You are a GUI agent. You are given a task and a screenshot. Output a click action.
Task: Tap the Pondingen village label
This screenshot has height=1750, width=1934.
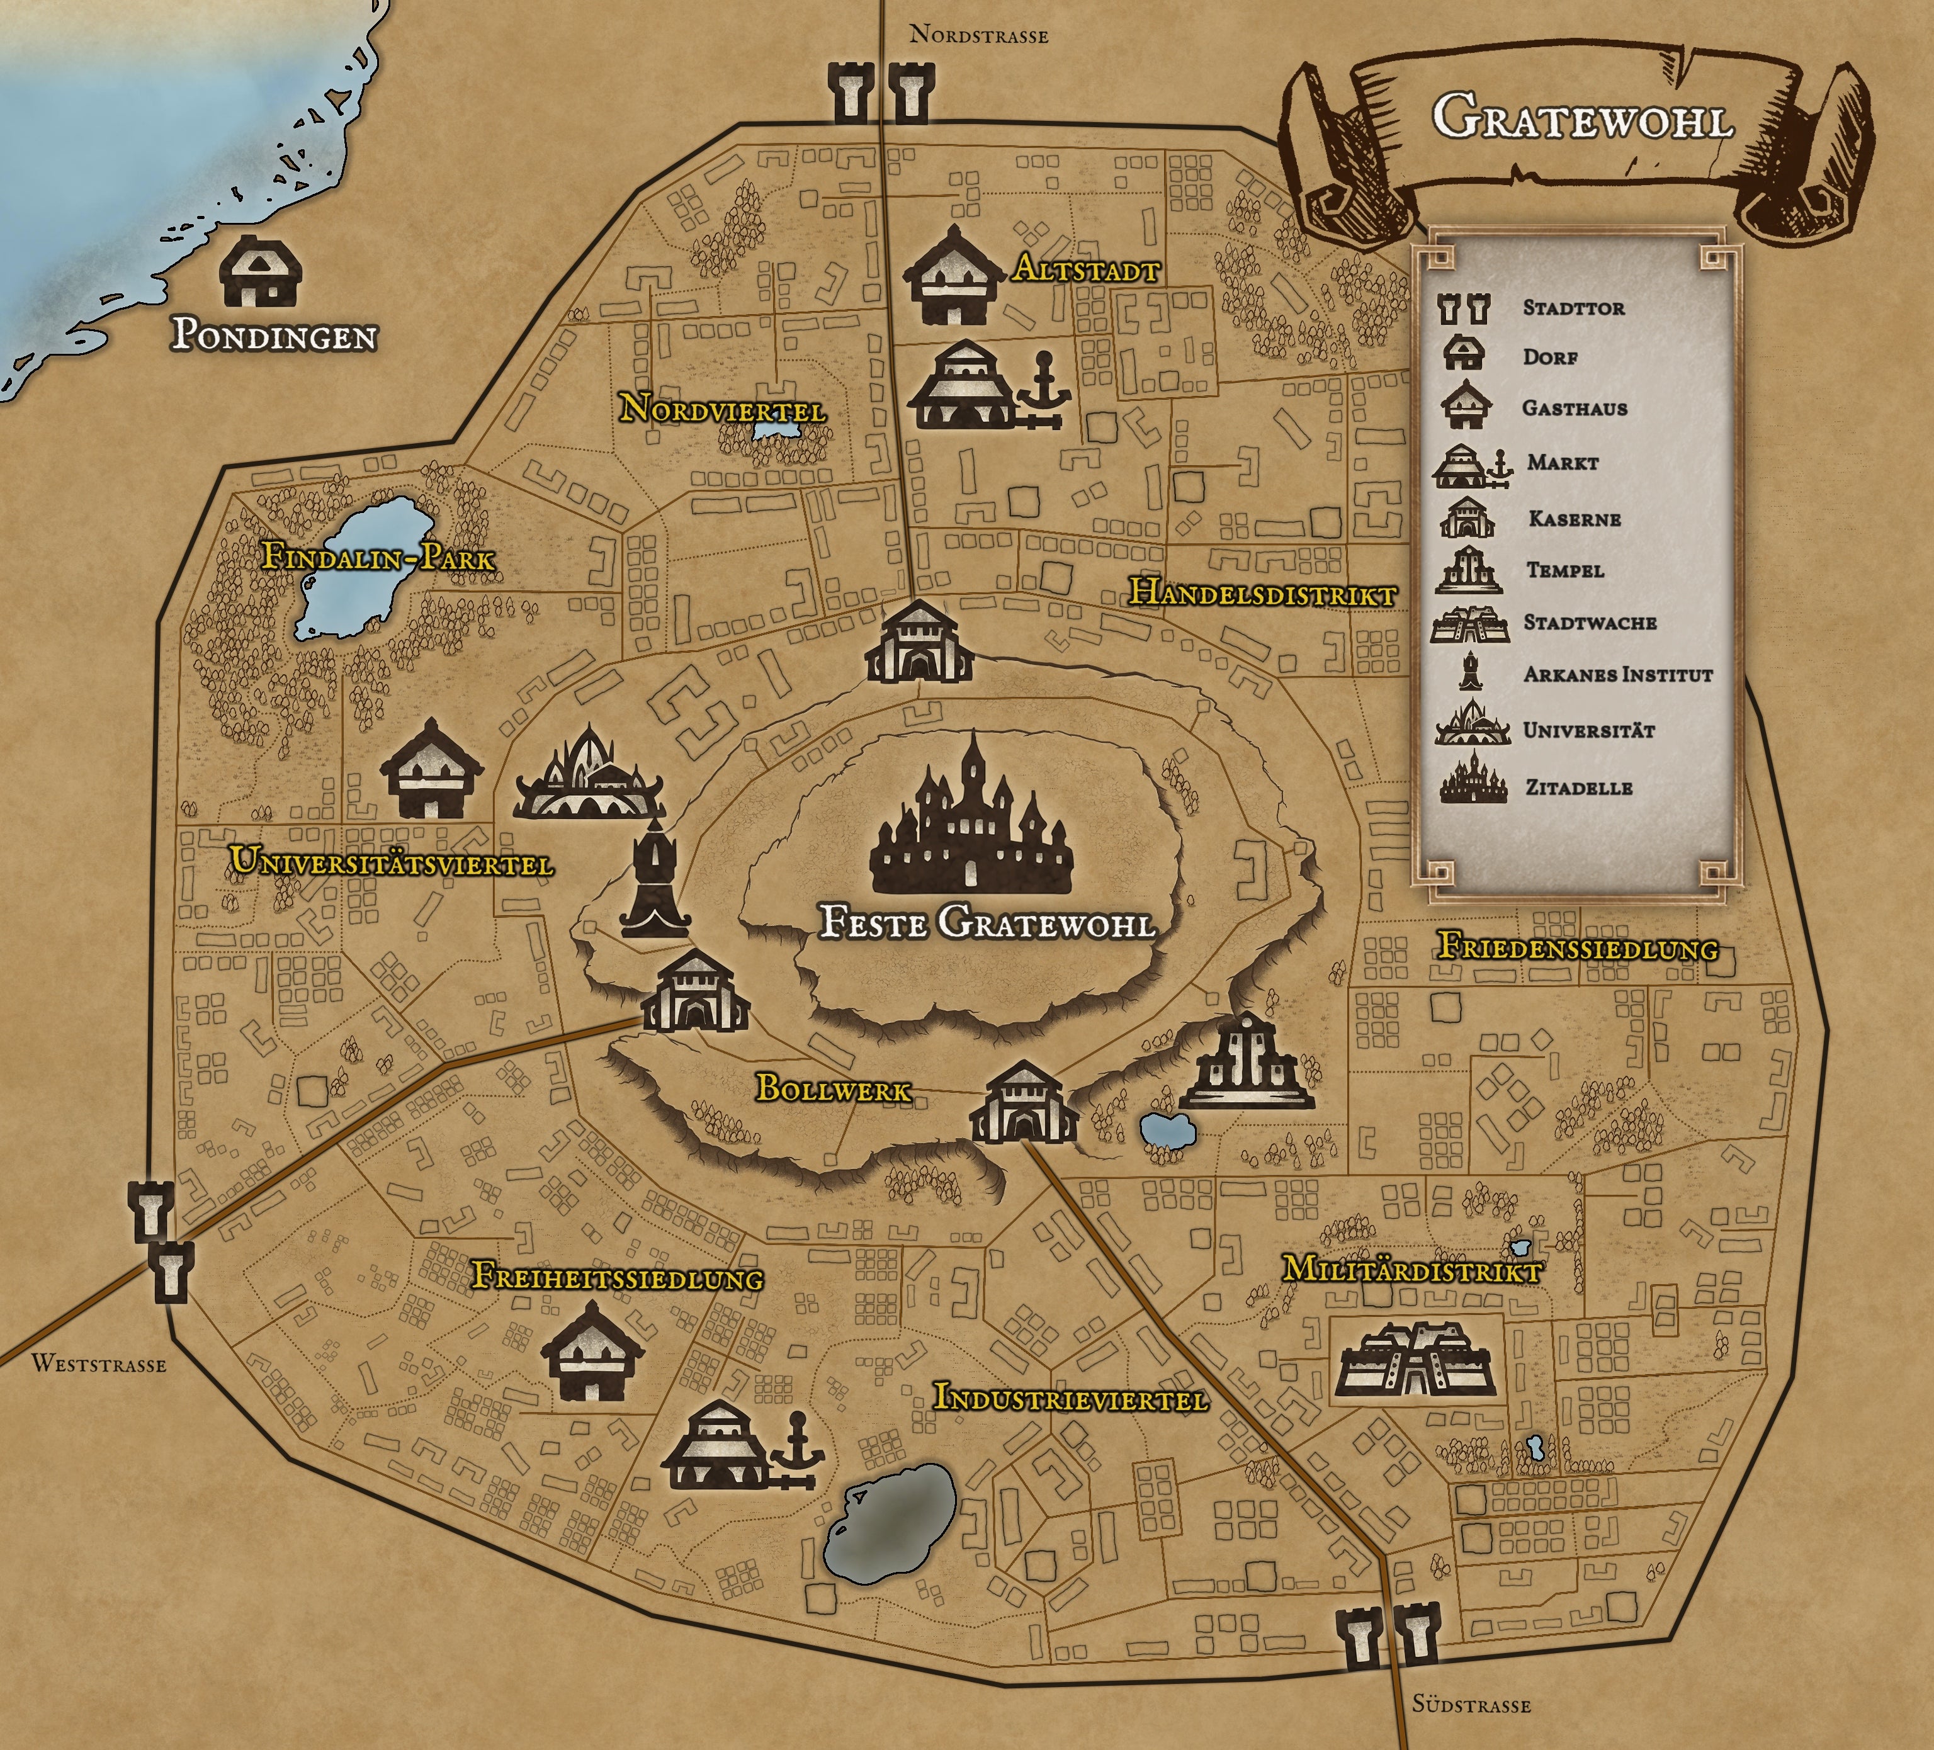273,336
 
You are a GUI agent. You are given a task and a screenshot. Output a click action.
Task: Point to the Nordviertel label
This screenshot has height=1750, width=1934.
722,410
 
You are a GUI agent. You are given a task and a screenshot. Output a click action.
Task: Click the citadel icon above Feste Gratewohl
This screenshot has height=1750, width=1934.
973,816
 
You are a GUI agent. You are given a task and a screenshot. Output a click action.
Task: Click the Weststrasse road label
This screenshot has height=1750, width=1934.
99,1363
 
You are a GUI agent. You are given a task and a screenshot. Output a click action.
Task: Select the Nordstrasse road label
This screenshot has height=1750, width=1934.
978,37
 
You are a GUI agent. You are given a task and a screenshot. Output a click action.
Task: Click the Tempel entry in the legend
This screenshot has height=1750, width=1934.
1564,570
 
